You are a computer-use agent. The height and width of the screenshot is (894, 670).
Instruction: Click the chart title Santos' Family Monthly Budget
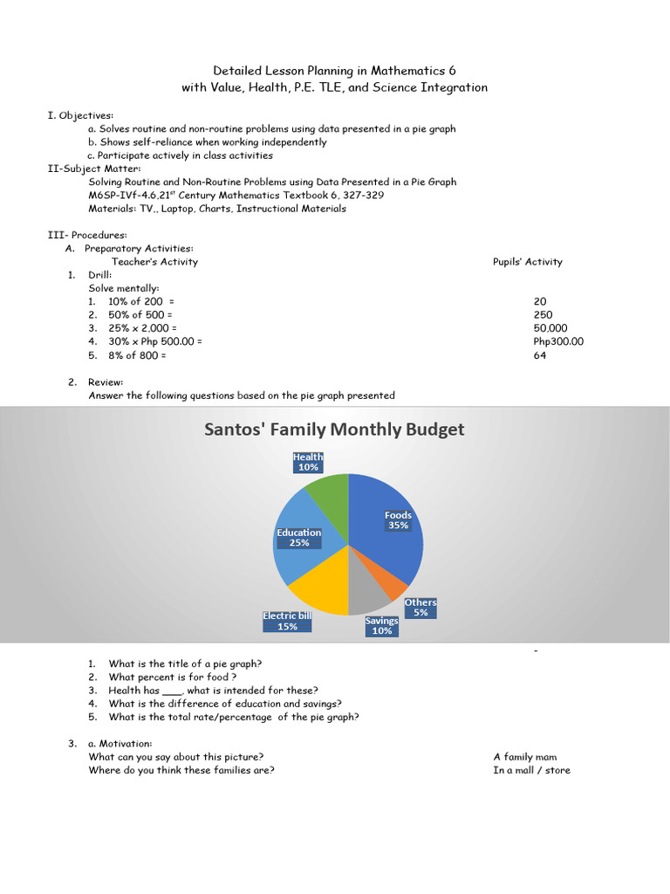click(x=334, y=430)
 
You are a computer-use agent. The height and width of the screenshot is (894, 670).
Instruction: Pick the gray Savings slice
click(x=368, y=598)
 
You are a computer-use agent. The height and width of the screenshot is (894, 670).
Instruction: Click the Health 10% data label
click(x=308, y=462)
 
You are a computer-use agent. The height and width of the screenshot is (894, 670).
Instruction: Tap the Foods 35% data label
click(x=398, y=520)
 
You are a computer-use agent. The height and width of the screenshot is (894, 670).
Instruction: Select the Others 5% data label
click(x=420, y=608)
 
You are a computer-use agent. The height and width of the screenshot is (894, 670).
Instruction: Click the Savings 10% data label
click(x=382, y=626)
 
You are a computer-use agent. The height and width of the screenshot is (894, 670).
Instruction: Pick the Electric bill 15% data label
click(x=287, y=621)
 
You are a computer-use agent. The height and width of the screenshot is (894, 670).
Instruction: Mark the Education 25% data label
click(x=298, y=538)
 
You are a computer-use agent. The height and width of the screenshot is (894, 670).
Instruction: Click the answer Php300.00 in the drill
click(x=558, y=341)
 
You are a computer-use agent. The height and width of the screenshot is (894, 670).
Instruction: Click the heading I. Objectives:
click(x=80, y=115)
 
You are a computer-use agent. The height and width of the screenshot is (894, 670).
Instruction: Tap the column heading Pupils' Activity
click(x=528, y=261)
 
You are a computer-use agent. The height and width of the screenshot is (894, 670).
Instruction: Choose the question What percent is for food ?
click(x=173, y=677)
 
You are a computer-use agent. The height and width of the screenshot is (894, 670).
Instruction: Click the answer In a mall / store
click(x=531, y=770)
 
